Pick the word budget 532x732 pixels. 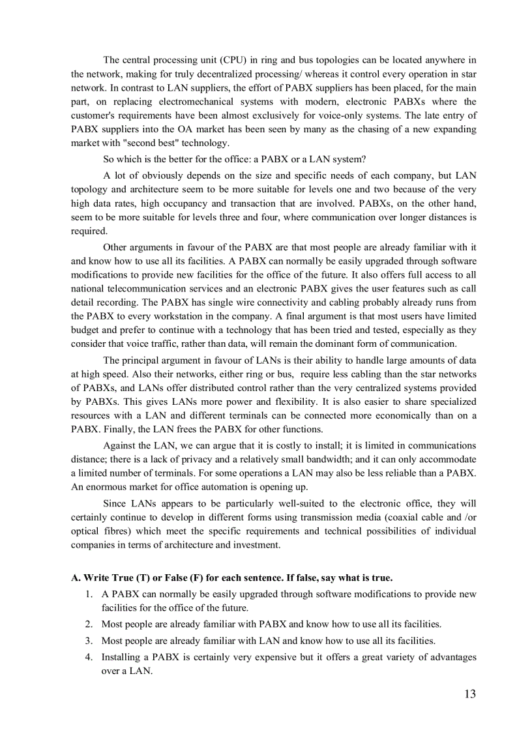(x=85, y=330)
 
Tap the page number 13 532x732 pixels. (x=469, y=694)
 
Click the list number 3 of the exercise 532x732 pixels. (x=89, y=640)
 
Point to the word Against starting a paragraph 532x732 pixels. (x=119, y=445)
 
